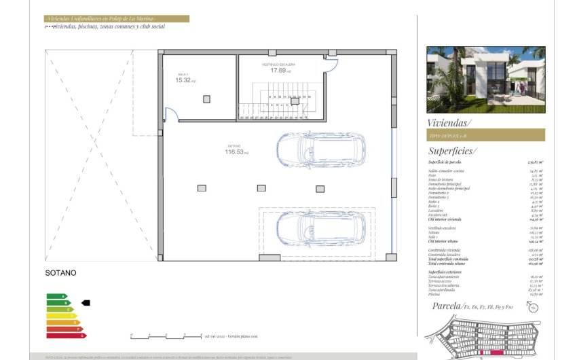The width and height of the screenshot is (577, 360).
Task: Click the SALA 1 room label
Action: click(x=182, y=75)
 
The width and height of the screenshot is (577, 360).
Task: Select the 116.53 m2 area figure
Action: click(x=238, y=152)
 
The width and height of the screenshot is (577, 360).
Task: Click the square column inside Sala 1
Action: click(x=206, y=99)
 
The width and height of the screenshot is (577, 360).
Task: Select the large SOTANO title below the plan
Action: click(x=60, y=273)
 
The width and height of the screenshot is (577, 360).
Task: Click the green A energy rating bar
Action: click(x=57, y=297)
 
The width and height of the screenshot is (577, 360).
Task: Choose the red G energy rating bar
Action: click(x=66, y=335)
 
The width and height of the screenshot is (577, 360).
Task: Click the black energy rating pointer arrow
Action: click(x=86, y=303)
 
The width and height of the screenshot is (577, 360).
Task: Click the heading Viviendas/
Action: click(x=449, y=122)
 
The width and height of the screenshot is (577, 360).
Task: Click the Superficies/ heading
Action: click(x=452, y=151)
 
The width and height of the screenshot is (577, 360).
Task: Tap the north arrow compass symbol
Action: click(x=533, y=308)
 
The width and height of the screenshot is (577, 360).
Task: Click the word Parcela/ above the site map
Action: click(x=447, y=306)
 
